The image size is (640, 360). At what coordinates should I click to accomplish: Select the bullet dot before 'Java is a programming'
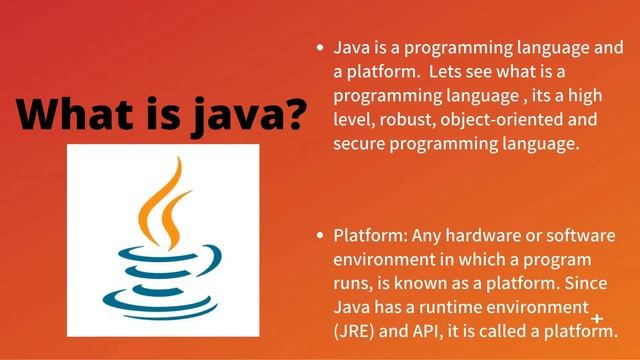coord(319,47)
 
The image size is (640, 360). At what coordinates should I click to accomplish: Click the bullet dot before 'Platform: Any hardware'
coord(319,236)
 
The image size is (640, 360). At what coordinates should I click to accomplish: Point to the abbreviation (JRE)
coord(358,330)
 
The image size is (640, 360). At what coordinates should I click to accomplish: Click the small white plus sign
coord(597,318)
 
